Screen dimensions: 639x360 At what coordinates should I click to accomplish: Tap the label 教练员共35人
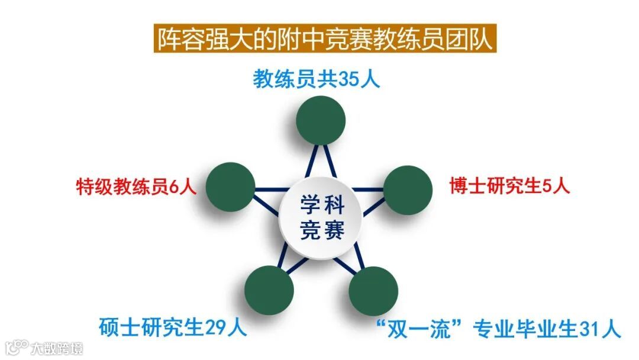click(317, 79)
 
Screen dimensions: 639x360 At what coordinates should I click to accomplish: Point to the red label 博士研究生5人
click(509, 187)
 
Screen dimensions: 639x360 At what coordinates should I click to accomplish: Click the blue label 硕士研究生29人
click(172, 326)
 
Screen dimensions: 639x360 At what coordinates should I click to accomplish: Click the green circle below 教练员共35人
click(321, 120)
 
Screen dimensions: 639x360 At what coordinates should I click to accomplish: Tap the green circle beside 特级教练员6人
click(230, 187)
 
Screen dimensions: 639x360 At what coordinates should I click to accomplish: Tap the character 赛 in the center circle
click(335, 230)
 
